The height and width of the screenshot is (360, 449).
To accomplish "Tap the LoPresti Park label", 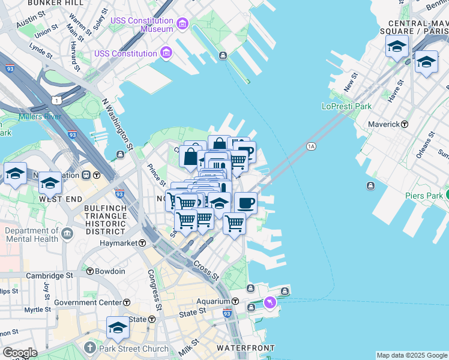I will (346, 106).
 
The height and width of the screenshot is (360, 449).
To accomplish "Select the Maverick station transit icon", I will (405, 124).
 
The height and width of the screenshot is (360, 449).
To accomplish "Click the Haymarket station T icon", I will (142, 243).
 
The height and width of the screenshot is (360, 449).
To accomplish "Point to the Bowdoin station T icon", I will (90, 271).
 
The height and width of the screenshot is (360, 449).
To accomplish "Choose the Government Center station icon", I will (127, 302).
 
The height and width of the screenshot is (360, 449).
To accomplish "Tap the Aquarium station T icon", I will (236, 301).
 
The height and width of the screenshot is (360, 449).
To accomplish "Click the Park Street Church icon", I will (90, 347).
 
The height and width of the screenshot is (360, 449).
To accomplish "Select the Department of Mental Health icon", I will (67, 232).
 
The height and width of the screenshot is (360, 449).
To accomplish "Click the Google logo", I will (19, 353).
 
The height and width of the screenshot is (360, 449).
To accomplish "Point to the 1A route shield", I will (311, 146).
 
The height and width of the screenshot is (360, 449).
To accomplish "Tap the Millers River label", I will (40, 116).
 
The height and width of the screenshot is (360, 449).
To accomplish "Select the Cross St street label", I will (206, 271).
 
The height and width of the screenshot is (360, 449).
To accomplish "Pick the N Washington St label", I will (117, 124).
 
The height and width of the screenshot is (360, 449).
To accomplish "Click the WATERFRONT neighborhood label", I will (246, 348).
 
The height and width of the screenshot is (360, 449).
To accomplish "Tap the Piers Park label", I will (424, 195).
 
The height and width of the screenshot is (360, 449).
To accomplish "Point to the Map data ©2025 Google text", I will (412, 355).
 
